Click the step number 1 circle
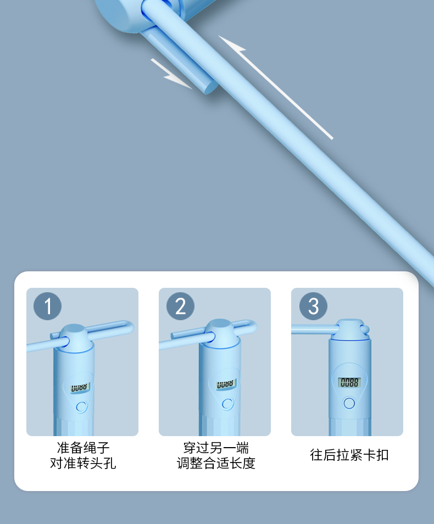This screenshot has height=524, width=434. coord(47,306)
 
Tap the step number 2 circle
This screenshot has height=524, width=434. coord(180,306)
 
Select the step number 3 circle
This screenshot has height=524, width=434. coord(313,306)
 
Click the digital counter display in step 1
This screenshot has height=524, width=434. coord(80,388)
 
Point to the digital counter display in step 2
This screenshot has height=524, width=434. coord(226,384)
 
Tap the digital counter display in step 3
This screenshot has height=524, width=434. coord(349,382)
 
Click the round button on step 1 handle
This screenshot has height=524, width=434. coord(81,406)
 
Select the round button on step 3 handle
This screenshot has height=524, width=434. coord(349,403)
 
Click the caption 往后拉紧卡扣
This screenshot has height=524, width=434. coord(349,455)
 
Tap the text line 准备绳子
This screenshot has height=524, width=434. coord(83,447)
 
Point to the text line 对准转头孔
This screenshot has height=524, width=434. coord(83,463)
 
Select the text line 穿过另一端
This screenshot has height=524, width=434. coord(216,447)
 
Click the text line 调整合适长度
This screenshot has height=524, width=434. coord(216,463)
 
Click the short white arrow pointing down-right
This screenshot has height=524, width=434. coord(171,74)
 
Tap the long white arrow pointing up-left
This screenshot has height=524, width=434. coord(276,87)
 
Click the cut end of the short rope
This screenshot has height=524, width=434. coord(210,87)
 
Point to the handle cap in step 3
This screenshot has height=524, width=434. coord(350,329)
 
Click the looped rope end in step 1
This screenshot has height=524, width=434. coord(128,326)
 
